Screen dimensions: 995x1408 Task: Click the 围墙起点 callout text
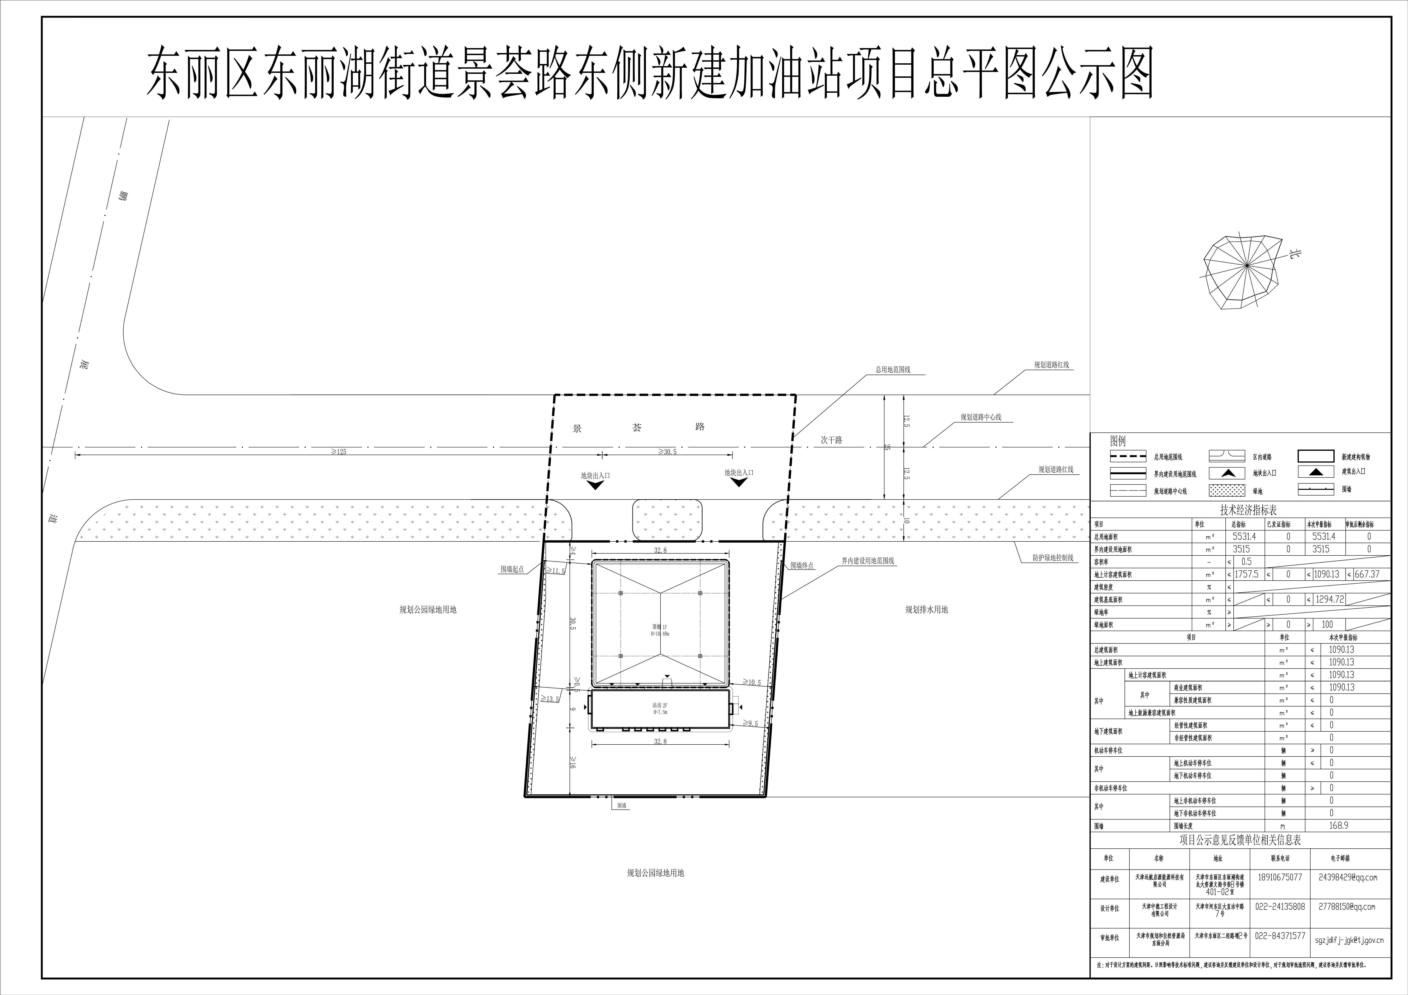point(512,569)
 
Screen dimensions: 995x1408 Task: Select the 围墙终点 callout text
point(802,566)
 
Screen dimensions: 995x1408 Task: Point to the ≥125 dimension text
point(338,452)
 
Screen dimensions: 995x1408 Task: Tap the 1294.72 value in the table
point(1330,599)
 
